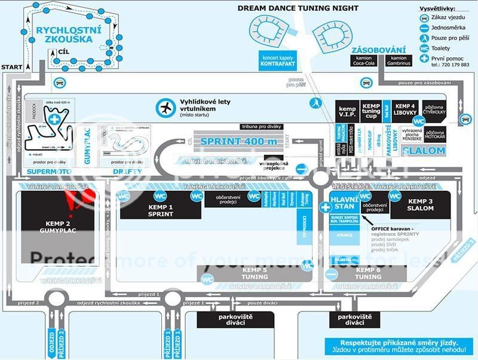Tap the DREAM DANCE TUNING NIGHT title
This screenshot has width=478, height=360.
pyautogui.click(x=298, y=8)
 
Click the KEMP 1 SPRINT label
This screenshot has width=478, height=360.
pyautogui.click(x=160, y=210)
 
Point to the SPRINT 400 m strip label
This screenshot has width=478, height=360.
pyautogui.click(x=238, y=141)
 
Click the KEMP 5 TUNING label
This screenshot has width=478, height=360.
pyautogui.click(x=255, y=273)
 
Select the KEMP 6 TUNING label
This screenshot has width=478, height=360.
pyautogui.click(x=368, y=273)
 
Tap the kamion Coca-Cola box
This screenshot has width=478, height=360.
pyautogui.click(x=360, y=60)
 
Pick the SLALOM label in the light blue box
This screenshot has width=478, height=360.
pyautogui.click(x=423, y=151)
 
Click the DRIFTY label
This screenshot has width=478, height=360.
pyautogui.click(x=126, y=172)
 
